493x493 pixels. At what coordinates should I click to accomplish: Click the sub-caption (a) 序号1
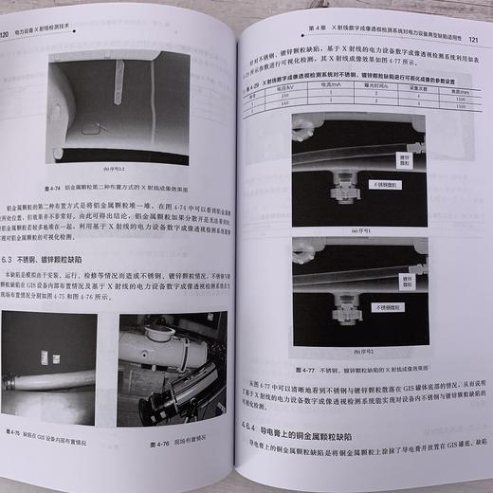click(x=361, y=228)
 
